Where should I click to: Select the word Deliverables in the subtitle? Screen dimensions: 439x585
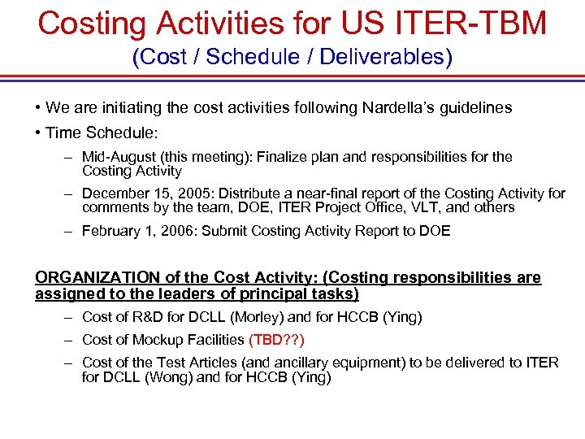tap(388, 58)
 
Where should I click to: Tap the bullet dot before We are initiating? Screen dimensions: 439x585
tap(39, 108)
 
